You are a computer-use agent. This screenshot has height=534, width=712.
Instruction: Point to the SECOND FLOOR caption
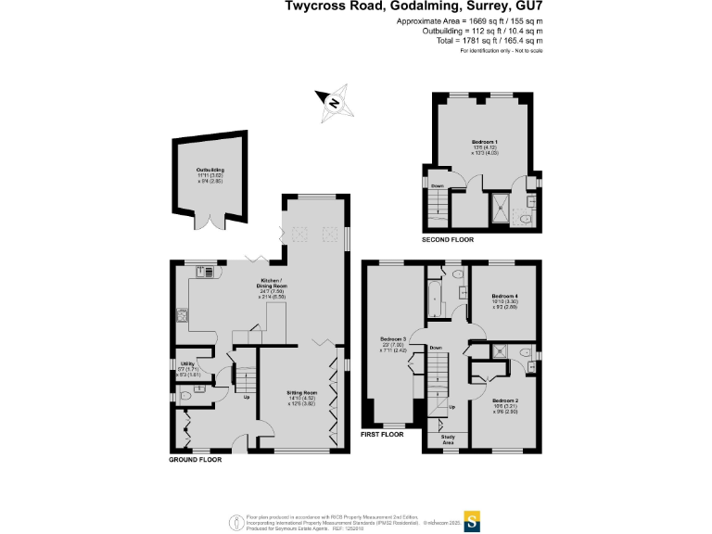click(x=448, y=239)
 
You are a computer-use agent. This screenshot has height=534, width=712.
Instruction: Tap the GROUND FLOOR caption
click(x=195, y=459)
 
